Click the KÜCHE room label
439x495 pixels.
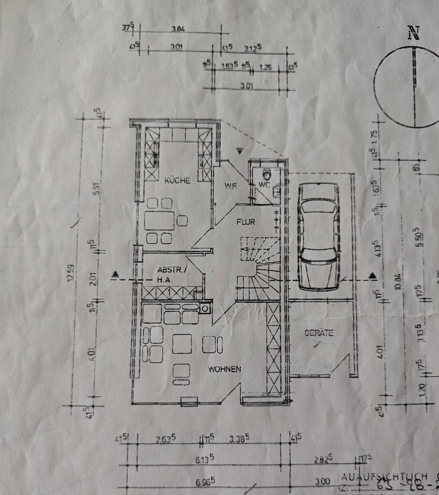pyautogui.click(x=178, y=180)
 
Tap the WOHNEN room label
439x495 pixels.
pyautogui.click(x=224, y=369)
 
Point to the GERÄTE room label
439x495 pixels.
pyautogui.click(x=319, y=333)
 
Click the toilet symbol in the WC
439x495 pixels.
pyautogui.click(x=266, y=173)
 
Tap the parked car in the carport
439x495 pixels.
pyautogui.click(x=319, y=237)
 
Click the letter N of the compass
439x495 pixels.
pyautogui.click(x=413, y=33)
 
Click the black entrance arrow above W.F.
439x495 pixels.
pyautogui.click(x=239, y=150)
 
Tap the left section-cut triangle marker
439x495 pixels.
pyautogui.click(x=115, y=274)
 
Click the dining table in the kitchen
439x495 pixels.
pyautogui.click(x=160, y=221)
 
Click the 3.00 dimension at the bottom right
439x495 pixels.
pyautogui.click(x=323, y=481)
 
